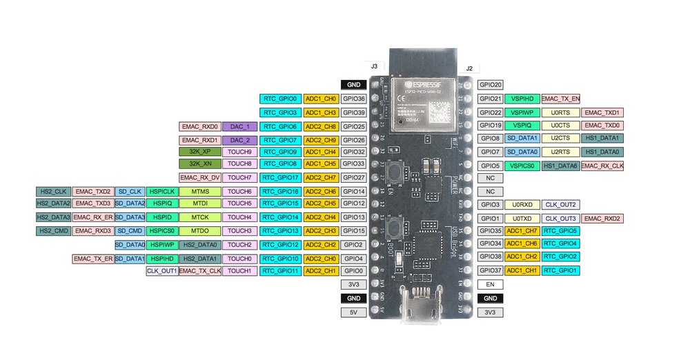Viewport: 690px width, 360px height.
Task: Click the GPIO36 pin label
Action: (354, 99)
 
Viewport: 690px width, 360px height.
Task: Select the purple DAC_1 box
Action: (239, 127)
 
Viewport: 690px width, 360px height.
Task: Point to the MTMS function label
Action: (200, 191)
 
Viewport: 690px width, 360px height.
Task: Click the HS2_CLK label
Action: (53, 191)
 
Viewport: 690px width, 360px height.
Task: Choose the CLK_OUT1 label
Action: (161, 271)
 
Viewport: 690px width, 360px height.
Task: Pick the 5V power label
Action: (354, 312)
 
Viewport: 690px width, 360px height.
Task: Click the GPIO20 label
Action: (490, 85)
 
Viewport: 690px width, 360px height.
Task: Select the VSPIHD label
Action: (522, 99)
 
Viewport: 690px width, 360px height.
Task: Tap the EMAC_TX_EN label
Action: (561, 99)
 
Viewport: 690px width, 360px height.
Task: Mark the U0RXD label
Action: (522, 205)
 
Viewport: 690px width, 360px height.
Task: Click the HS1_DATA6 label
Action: (560, 166)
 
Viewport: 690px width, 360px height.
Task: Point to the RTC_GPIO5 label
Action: (561, 231)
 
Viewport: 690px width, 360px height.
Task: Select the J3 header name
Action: (373, 66)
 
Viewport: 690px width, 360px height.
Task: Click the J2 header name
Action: (469, 68)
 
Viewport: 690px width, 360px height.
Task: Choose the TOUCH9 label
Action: (239, 152)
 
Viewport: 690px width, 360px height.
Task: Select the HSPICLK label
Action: (161, 191)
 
